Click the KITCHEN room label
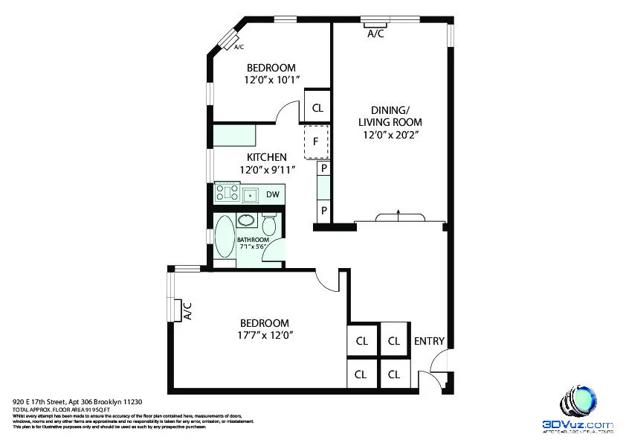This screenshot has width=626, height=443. coord(267,157)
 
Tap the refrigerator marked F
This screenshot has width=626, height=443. coord(316,141)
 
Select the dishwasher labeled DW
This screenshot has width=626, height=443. coord(273,195)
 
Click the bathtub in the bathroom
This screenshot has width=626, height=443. coord(223,237)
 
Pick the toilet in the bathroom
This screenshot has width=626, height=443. coord(270,223)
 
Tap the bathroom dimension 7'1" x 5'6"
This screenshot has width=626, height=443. coord(253,246)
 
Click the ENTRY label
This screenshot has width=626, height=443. coord(429,342)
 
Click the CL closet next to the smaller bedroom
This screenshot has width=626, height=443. coord(317,108)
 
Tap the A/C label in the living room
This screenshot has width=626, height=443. coord(375,34)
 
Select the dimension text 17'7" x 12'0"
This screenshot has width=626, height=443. coord(264,335)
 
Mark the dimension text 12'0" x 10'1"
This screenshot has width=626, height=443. coord(271,79)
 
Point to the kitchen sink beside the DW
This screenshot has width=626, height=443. coord(251,195)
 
